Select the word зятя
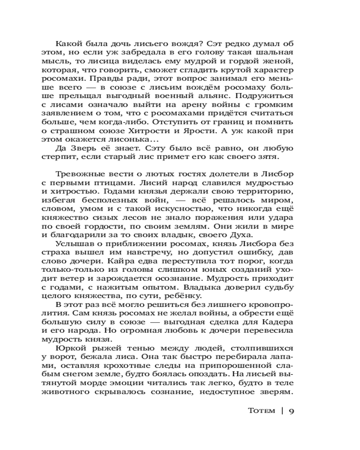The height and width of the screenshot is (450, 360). click(x=284, y=157)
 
